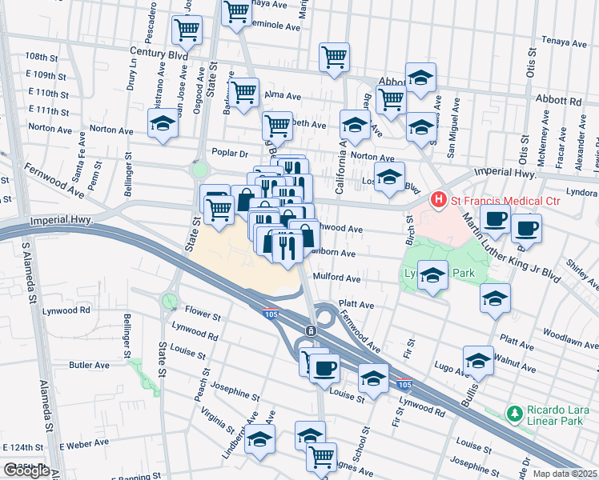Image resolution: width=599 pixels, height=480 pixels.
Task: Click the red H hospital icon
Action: tap(438, 198)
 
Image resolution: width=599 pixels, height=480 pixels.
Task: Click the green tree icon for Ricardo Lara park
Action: tap(514, 413)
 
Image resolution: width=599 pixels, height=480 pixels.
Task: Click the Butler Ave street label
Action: tap(89, 365)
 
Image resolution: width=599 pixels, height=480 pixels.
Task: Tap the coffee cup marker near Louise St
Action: tap(324, 367)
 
